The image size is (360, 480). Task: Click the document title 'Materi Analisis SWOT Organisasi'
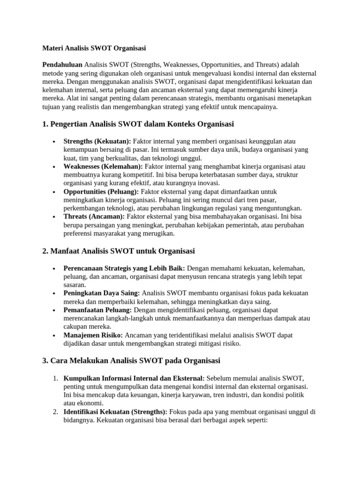point(94,48)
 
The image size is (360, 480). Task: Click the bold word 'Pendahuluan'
point(62,64)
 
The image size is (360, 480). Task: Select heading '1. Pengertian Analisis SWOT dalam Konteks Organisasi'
point(138,124)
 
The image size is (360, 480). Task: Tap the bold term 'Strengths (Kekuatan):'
point(97,141)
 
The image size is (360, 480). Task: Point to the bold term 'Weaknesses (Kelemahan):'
point(103,166)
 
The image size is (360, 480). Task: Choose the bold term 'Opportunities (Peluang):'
point(101,192)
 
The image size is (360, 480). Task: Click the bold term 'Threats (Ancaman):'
point(94,217)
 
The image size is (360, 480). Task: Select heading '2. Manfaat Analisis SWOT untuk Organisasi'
point(118,251)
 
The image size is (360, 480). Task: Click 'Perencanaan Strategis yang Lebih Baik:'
point(124,268)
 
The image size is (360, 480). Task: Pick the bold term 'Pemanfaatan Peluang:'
point(98,310)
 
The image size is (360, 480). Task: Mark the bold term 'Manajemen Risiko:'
point(93,335)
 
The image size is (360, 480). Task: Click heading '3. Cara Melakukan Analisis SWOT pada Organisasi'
point(131,361)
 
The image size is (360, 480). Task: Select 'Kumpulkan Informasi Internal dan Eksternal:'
point(134,378)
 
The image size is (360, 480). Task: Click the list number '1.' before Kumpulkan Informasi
point(55,378)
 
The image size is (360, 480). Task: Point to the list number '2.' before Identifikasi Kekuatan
point(55,412)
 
